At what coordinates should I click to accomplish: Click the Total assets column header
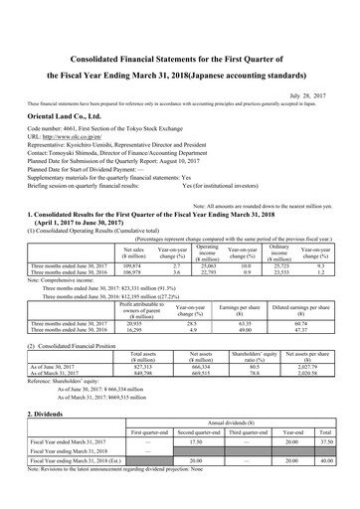click(145, 354)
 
